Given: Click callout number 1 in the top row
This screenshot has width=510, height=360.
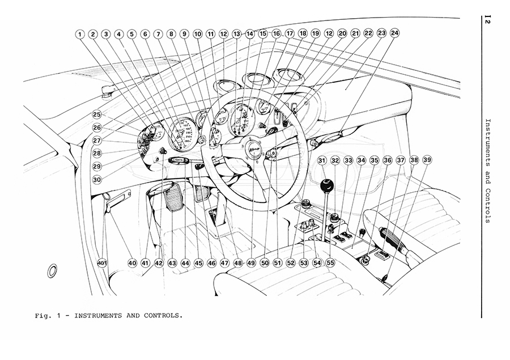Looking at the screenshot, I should tap(80, 34).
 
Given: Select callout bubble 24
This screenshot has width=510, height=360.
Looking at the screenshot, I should tap(394, 33).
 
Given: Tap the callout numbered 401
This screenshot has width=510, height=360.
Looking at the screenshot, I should tap(102, 263).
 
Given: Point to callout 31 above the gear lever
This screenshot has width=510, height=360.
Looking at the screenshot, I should tap(322, 160).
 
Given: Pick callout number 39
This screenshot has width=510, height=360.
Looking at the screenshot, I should tap(427, 160).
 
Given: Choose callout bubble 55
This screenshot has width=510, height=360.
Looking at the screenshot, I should tap(330, 263).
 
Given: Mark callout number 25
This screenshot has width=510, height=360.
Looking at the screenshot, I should tap(97, 114).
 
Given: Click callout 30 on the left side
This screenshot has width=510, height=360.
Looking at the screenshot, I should tap(97, 179).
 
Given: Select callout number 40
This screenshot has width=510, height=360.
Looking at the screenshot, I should tap(132, 263).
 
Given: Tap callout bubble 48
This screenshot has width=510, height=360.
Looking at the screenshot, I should tap(237, 263).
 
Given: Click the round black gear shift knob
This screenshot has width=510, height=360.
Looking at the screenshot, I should tap(326, 186).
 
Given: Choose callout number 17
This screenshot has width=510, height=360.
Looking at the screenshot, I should tap(290, 33).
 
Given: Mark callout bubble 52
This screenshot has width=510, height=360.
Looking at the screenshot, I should tap(291, 263).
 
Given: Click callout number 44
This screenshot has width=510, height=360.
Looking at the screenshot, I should tap(185, 263).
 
